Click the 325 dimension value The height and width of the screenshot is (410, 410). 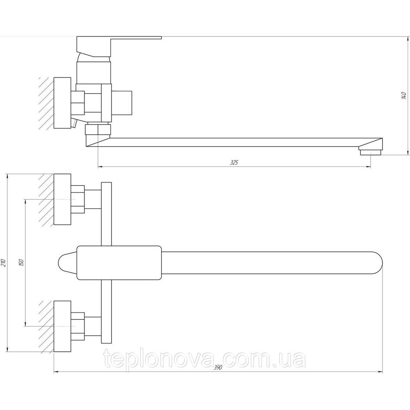(x=234, y=163)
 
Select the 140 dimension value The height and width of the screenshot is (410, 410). (x=403, y=96)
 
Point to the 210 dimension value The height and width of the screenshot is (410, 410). (x=3, y=262)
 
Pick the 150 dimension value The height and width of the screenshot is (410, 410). (x=22, y=262)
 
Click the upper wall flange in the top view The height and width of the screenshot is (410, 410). (x=62, y=199)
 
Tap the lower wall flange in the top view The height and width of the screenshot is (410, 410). (x=62, y=326)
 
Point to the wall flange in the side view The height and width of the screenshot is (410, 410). (x=62, y=102)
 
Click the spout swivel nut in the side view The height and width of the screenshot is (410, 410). (x=98, y=130)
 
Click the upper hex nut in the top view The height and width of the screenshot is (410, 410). (x=77, y=199)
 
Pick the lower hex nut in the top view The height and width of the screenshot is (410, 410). (x=77, y=326)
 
